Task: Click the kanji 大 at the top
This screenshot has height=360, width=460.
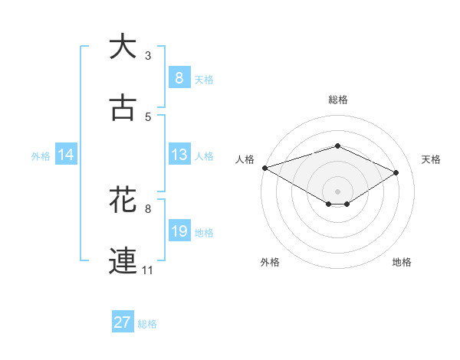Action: [x=123, y=47]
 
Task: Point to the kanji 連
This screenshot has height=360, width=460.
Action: [x=123, y=260]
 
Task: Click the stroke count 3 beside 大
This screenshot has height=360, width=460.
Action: [x=148, y=55]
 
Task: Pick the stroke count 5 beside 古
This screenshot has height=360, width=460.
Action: [x=148, y=116]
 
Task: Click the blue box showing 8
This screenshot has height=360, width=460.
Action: [x=179, y=77]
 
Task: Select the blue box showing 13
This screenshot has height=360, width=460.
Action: [x=179, y=155]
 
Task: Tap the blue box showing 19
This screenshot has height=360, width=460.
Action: [x=179, y=231]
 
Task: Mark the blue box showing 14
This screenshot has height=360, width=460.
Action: [x=66, y=155]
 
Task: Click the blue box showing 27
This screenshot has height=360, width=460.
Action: [x=123, y=322]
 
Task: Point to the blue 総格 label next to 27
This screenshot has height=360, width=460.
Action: [x=147, y=324]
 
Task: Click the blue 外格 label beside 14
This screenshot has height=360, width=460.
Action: [x=41, y=156]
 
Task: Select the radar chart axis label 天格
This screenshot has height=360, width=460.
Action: [x=431, y=159]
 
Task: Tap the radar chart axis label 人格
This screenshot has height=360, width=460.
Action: [x=245, y=159]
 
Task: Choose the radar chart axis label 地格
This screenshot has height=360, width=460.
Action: [x=402, y=262]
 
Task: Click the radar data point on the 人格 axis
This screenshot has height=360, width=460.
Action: [x=264, y=168]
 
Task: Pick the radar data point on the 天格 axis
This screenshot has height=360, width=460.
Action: [x=396, y=172]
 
